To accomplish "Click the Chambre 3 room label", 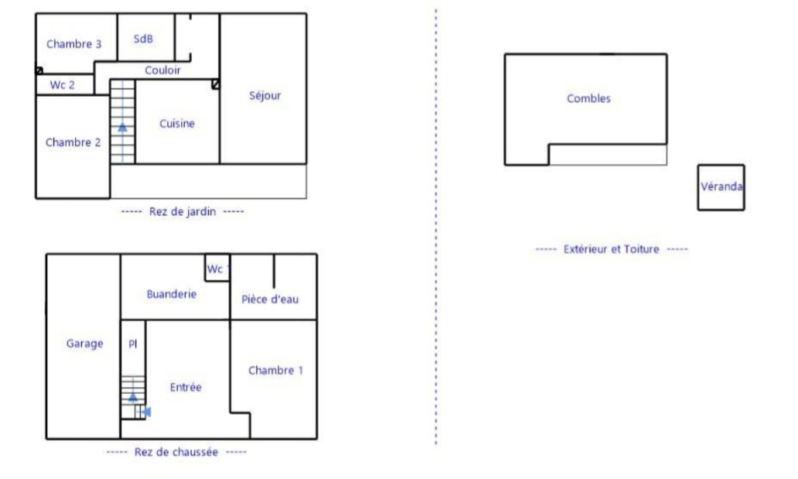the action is [x=74, y=44].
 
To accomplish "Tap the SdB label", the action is [x=143, y=39].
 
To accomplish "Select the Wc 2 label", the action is [x=62, y=85].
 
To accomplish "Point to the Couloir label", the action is [x=163, y=70].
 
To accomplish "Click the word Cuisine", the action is [x=176, y=124].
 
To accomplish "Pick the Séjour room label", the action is [x=265, y=96].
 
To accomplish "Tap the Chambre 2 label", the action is [x=73, y=142].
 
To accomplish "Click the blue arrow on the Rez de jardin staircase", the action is [x=122, y=127].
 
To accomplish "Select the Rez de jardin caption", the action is [x=182, y=212].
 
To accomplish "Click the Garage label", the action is [x=84, y=344].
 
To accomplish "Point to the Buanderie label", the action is [x=171, y=294].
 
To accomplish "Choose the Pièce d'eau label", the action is [x=269, y=299].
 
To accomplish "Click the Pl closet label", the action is [x=133, y=344].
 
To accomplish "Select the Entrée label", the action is [x=185, y=388].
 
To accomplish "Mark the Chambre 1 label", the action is [x=276, y=371].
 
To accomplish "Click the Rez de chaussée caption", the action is [x=176, y=452].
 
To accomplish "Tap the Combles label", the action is [x=588, y=99].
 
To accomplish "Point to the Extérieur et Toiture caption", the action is [x=611, y=249].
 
